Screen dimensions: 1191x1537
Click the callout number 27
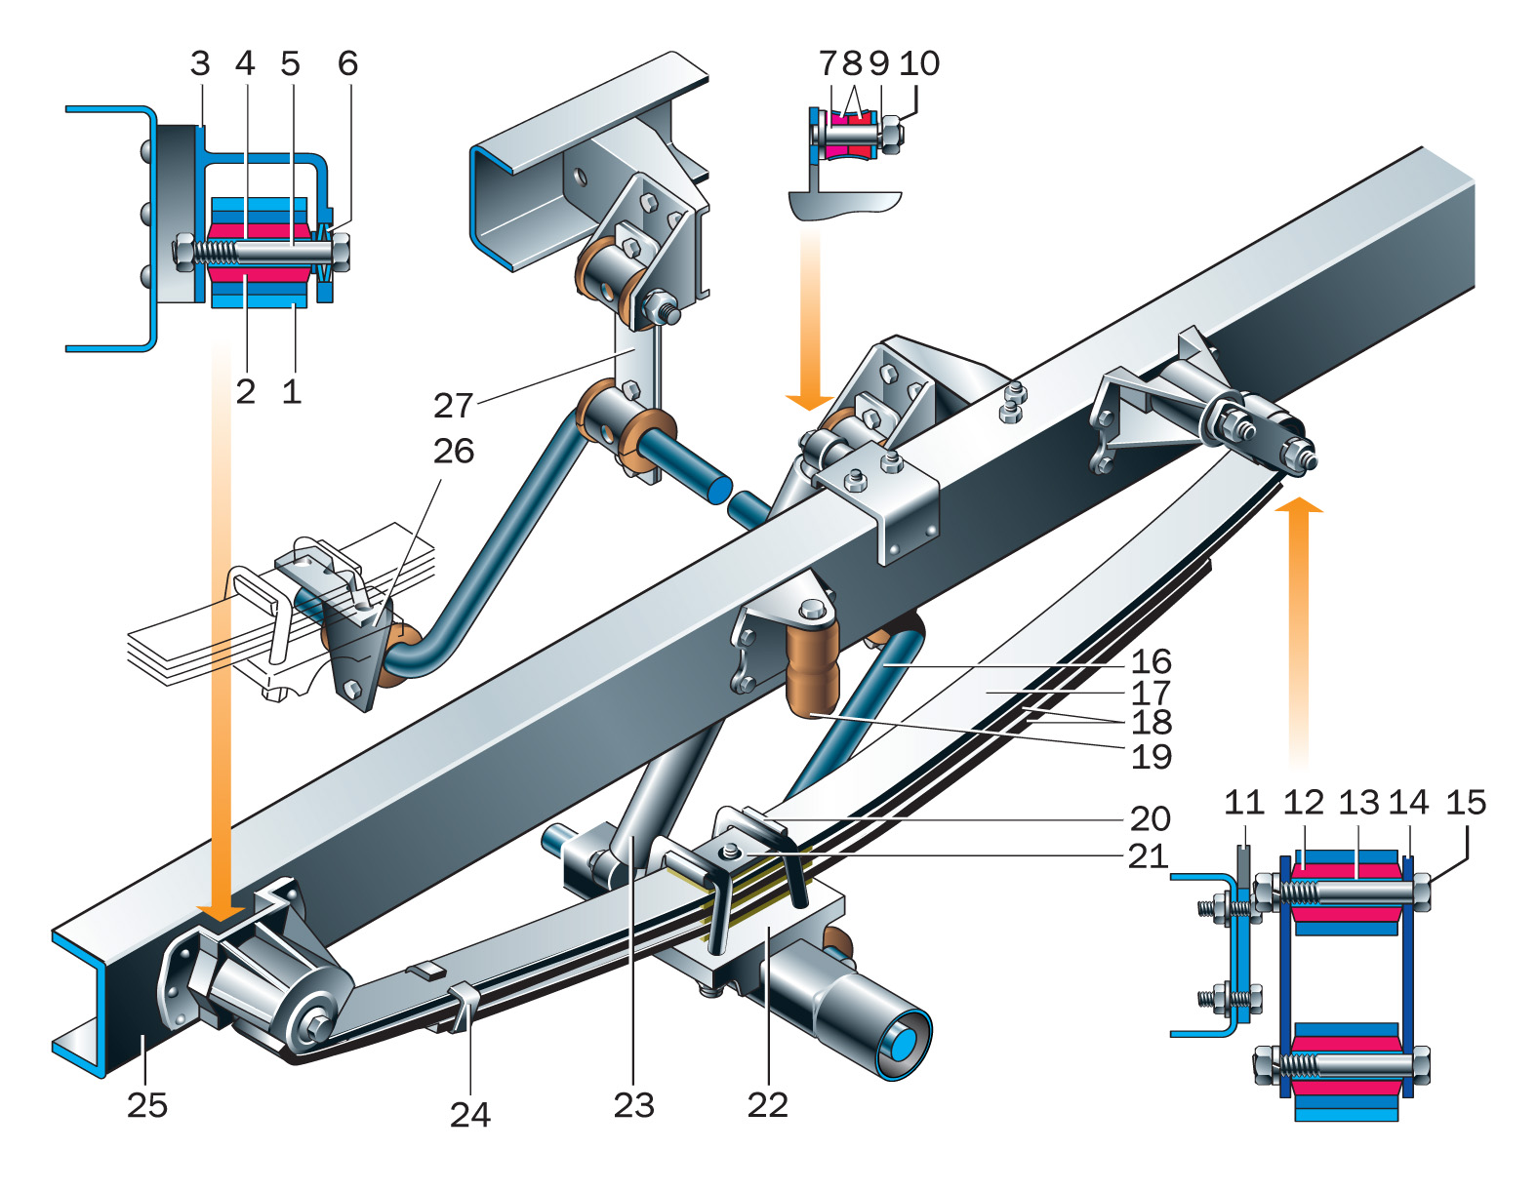pyautogui.click(x=454, y=405)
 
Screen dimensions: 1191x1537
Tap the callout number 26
pyautogui.click(x=454, y=451)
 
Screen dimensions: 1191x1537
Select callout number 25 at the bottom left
pyautogui.click(x=147, y=1105)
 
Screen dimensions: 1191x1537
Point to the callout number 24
pyautogui.click(x=469, y=1114)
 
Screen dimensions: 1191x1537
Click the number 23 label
pyautogui.click(x=633, y=1105)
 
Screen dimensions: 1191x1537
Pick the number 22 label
pyautogui.click(x=767, y=1104)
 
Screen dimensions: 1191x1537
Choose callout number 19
pyautogui.click(x=1151, y=756)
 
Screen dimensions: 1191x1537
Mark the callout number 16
pyautogui.click(x=1151, y=661)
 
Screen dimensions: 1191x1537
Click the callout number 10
pyautogui.click(x=919, y=63)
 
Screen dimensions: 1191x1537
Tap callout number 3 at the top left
pyautogui.click(x=200, y=63)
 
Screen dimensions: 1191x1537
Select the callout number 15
pyautogui.click(x=1465, y=803)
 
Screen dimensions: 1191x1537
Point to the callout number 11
pyautogui.click(x=1243, y=803)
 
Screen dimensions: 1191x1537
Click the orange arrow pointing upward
pyautogui.click(x=1298, y=624)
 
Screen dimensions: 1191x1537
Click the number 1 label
pyautogui.click(x=291, y=392)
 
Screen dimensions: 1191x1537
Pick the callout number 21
pyautogui.click(x=1148, y=856)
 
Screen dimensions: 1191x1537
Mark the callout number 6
pyautogui.click(x=347, y=63)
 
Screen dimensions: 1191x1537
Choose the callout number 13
pyautogui.click(x=1357, y=803)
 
